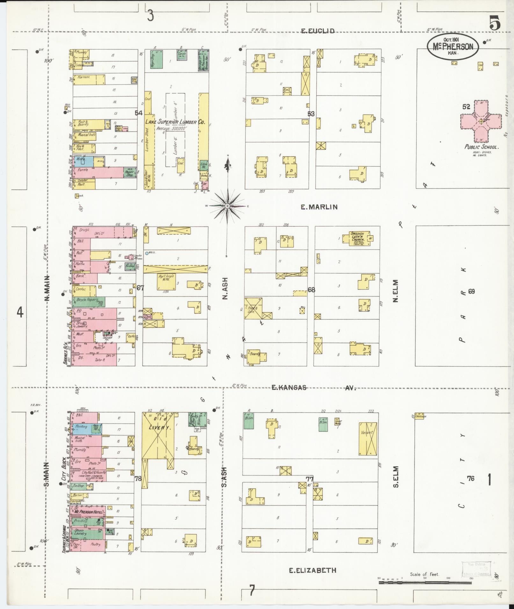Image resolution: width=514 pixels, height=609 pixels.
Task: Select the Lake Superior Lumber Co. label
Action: [175, 122]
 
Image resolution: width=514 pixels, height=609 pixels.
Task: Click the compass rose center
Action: [227, 206]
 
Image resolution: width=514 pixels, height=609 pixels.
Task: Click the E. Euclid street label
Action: [318, 31]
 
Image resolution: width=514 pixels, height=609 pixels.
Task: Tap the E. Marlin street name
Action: [319, 207]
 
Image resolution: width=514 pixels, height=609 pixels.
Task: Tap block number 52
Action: [466, 107]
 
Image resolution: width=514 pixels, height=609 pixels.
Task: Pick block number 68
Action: [311, 290]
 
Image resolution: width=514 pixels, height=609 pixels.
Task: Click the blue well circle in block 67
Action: [147, 253]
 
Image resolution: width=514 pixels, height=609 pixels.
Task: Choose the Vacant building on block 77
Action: [368, 438]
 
